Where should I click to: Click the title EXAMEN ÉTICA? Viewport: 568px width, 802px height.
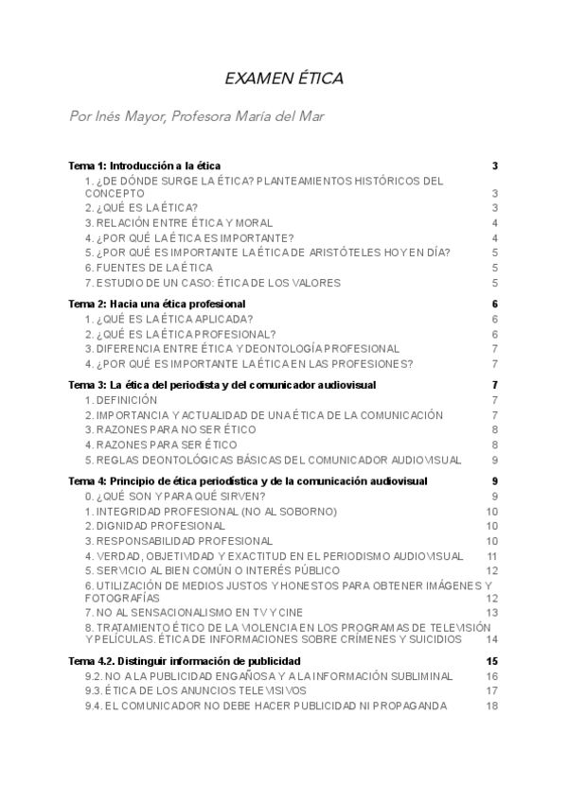(283, 78)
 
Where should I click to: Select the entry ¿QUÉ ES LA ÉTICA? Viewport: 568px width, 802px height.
(141, 207)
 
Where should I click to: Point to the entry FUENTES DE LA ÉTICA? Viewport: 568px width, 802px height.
(149, 268)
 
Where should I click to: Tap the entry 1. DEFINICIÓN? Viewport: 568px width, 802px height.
(121, 400)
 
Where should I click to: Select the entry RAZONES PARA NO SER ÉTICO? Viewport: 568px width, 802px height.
(170, 430)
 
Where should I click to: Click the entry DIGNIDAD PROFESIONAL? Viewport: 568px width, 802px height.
(155, 526)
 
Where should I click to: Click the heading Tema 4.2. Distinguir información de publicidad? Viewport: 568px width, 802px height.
(185, 660)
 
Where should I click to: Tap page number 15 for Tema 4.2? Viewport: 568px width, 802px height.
(491, 660)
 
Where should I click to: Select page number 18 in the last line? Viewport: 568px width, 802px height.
(491, 706)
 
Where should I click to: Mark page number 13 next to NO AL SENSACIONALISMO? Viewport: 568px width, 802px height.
(491, 613)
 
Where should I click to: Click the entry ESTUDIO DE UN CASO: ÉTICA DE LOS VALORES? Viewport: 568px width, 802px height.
(212, 283)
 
